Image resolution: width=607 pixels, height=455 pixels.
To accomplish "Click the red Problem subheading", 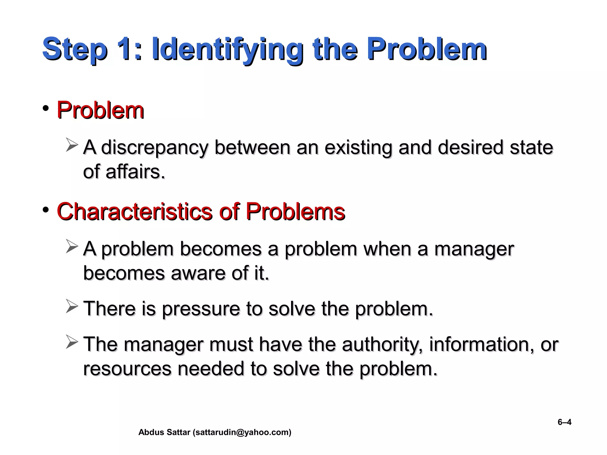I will (x=100, y=110).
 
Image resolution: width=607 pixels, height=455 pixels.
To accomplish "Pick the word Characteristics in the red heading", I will (x=134, y=212).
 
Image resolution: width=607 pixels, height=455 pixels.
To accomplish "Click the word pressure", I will (x=201, y=309).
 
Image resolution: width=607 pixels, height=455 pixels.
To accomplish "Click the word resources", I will (x=127, y=369).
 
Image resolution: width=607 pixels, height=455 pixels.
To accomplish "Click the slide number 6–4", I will (x=564, y=422).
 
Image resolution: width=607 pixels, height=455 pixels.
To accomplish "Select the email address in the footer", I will (x=242, y=432).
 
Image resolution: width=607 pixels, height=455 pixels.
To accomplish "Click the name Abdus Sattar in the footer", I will (x=164, y=432).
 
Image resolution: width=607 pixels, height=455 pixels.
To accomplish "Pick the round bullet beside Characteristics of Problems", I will (x=46, y=210).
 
